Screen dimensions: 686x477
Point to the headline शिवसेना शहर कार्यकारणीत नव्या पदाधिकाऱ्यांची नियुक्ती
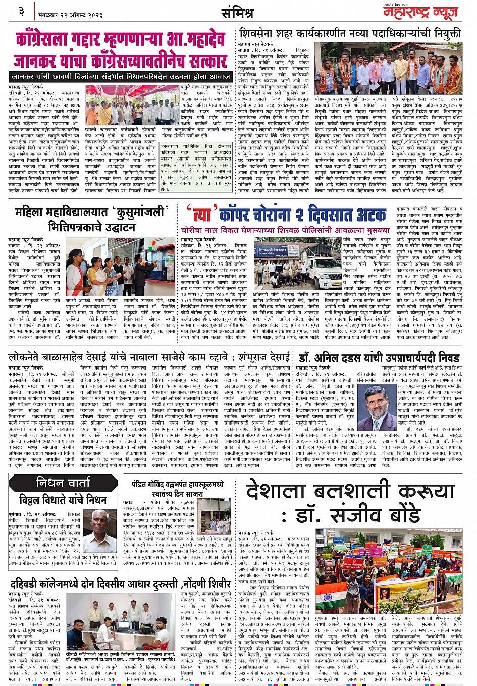pos(349,34)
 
